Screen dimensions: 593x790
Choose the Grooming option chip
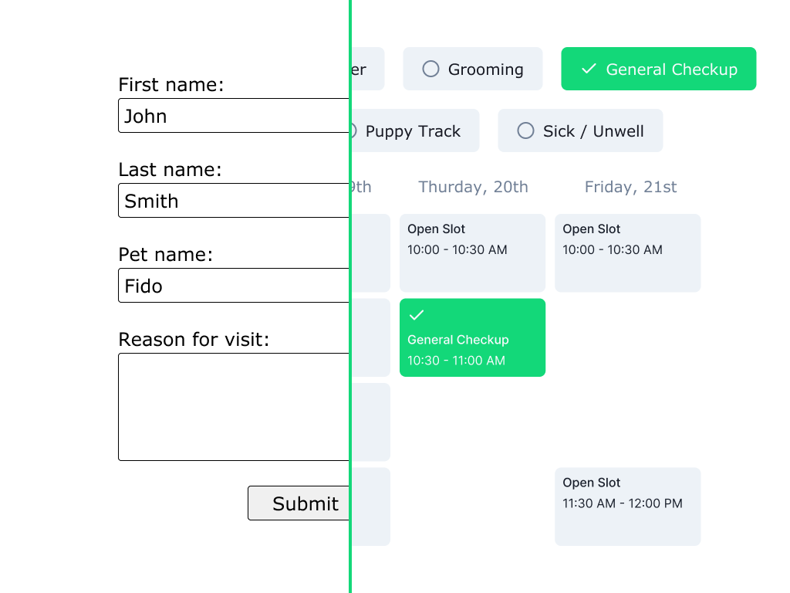(473, 69)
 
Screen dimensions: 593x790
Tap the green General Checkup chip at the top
(658, 69)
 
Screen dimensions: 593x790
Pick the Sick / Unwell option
(580, 131)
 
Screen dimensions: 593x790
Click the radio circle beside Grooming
(430, 69)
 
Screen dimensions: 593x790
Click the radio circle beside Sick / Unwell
(525, 130)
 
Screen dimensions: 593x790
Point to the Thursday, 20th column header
(473, 187)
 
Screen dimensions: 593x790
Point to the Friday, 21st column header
(630, 187)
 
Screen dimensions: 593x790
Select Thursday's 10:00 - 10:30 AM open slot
(472, 252)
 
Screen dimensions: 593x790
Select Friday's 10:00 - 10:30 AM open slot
(627, 252)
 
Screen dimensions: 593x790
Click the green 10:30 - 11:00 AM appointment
(472, 338)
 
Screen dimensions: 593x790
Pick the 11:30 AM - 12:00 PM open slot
(627, 507)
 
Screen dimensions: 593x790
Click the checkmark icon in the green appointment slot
(417, 315)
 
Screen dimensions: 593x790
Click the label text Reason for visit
(194, 340)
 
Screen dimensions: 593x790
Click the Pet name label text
(165, 255)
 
